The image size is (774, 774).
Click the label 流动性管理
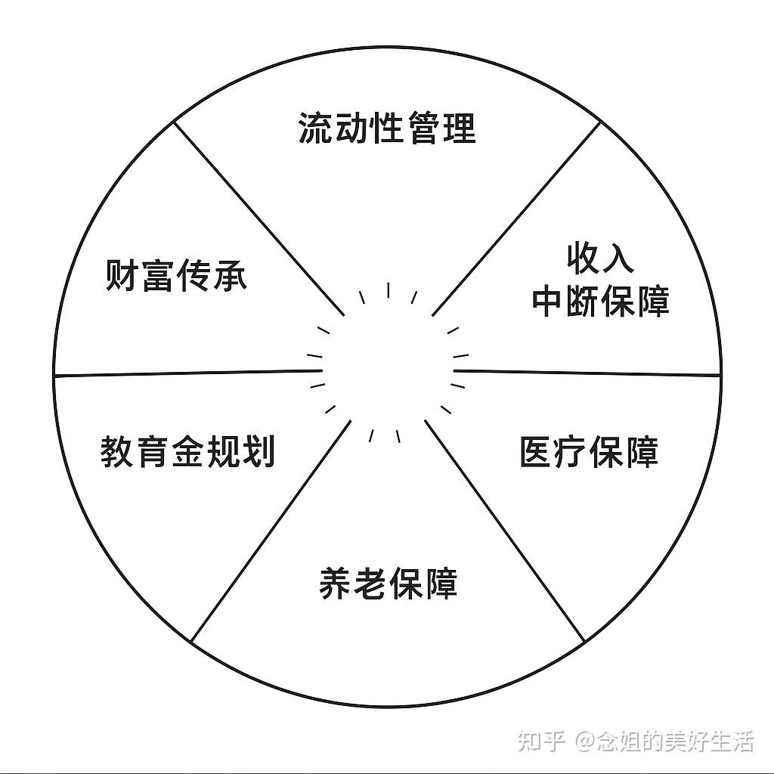pos(387,128)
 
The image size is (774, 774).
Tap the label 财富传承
pos(175,276)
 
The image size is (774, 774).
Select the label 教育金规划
pos(187,451)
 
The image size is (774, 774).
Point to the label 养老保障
pos(389,584)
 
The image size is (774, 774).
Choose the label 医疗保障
pos(589,451)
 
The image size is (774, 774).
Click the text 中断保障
pos(601,302)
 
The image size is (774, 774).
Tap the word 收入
pos(601,259)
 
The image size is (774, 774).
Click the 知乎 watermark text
pos(541,741)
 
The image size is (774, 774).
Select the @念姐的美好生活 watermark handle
pos(665,741)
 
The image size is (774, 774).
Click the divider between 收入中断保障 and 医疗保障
pos(586,373)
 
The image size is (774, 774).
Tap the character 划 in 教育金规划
pos(259,451)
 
